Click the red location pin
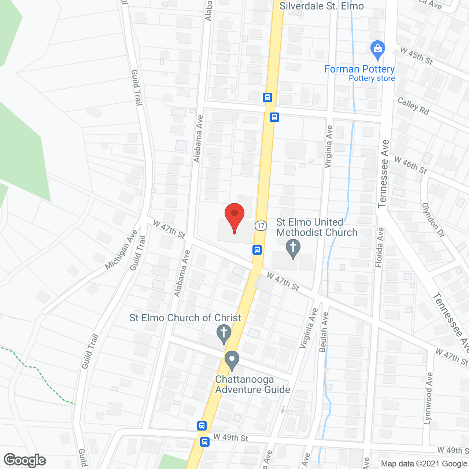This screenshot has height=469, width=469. click(234, 217)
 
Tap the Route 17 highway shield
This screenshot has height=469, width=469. click(261, 225)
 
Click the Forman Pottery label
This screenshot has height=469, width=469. click(359, 69)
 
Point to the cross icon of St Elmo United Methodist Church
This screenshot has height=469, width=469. click(293, 248)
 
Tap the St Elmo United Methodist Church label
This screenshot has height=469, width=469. click(317, 227)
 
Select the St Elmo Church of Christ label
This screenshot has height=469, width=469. click(185, 318)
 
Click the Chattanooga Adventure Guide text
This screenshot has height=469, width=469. click(252, 384)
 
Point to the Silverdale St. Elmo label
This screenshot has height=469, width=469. click(321, 6)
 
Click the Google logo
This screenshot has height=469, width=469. click(25, 460)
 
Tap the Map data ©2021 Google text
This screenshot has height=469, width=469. click(424, 464)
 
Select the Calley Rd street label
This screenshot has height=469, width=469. click(413, 106)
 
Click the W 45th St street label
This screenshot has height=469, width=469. click(416, 56)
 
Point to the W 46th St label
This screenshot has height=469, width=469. click(410, 165)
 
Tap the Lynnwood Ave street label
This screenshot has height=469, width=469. click(428, 398)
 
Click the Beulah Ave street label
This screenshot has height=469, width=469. click(324, 332)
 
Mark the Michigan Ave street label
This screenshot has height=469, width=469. click(121, 250)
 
